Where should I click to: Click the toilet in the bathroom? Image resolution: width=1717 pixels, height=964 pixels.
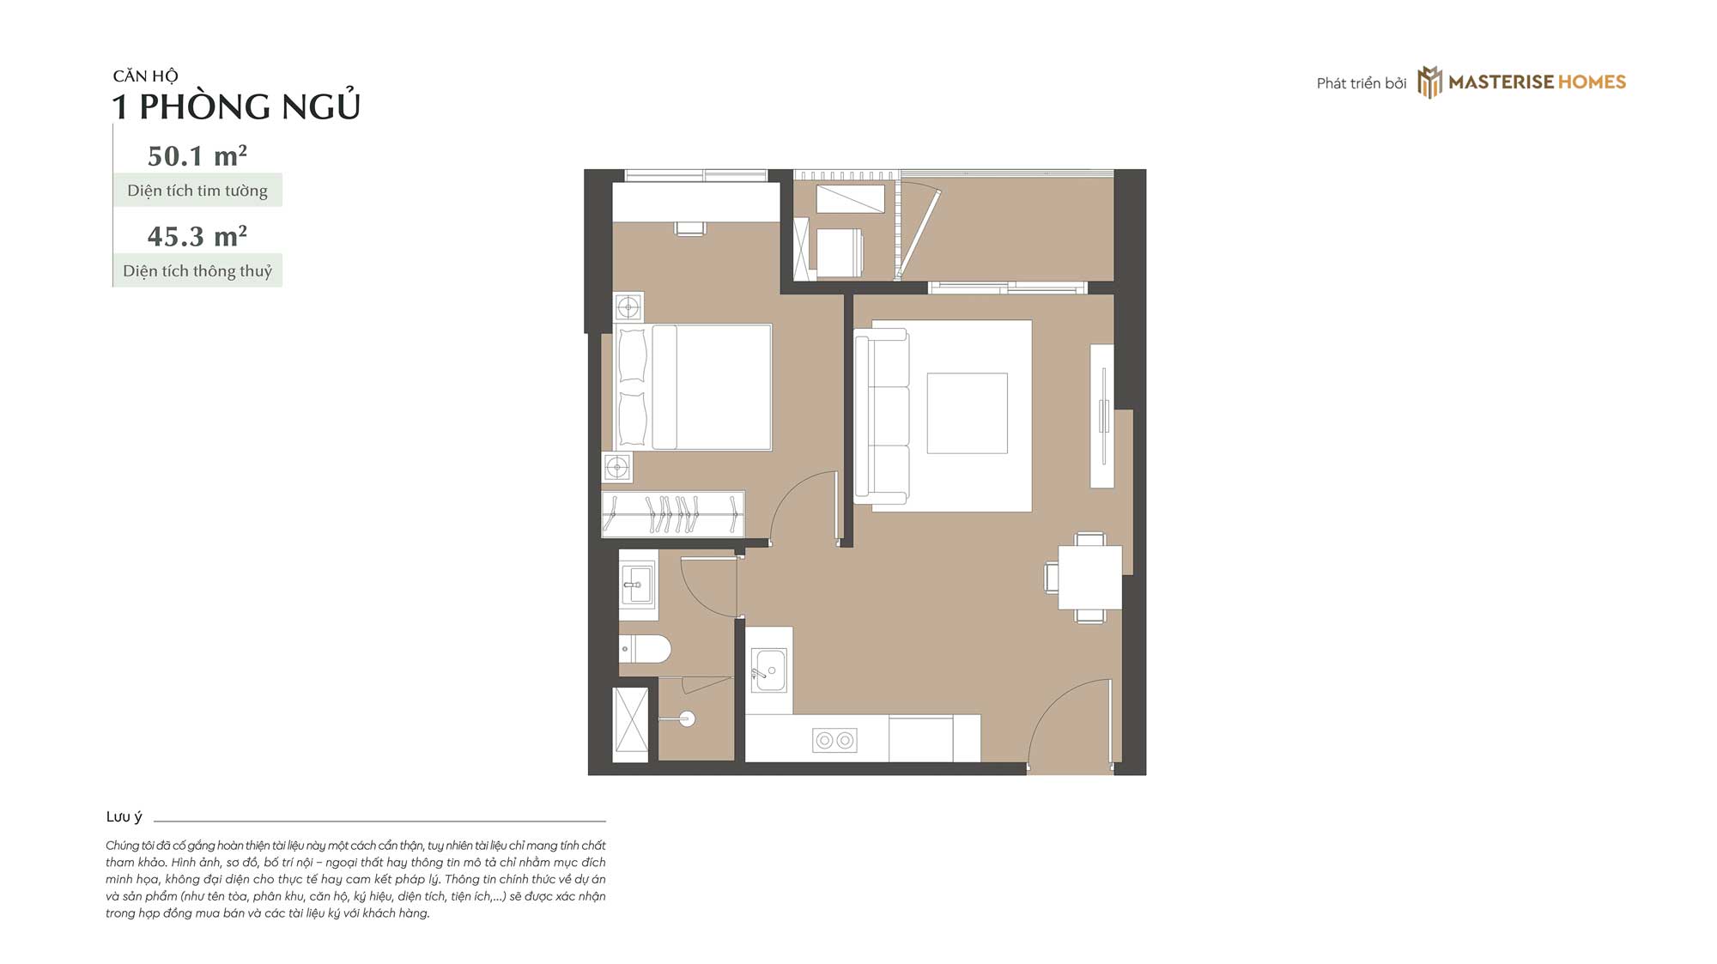[645, 649]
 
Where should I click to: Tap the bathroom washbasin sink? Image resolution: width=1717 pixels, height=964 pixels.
[637, 585]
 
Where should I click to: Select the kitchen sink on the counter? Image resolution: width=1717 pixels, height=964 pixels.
[769, 670]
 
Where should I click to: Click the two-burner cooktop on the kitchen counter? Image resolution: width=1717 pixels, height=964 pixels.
[834, 740]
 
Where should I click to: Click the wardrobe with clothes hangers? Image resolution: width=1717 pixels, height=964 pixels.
[673, 514]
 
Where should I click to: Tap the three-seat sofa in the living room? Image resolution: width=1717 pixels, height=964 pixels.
[882, 416]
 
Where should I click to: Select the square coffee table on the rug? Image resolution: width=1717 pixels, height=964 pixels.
[968, 413]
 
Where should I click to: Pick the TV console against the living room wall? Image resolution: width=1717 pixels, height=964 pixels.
[1102, 416]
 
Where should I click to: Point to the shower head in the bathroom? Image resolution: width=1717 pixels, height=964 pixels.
[686, 719]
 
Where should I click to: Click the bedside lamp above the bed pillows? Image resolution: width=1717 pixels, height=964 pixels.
[629, 306]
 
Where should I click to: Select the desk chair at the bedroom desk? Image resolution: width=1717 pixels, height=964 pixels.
[690, 229]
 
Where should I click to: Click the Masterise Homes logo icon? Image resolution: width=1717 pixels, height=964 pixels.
[1429, 82]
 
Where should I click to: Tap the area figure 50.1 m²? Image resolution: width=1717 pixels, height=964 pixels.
[197, 156]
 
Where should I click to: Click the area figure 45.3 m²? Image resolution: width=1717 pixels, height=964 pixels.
[197, 236]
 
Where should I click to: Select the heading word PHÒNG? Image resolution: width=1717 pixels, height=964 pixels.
[204, 107]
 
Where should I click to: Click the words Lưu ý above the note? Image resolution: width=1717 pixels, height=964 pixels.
[124, 817]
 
